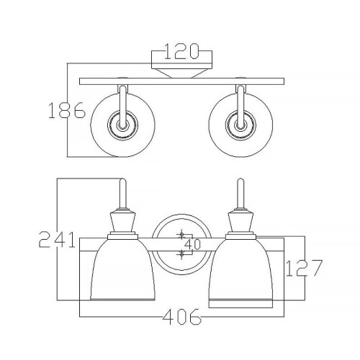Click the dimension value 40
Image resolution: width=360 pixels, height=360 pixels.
click(192, 245)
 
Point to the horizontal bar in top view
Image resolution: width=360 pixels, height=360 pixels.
click(180, 81)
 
